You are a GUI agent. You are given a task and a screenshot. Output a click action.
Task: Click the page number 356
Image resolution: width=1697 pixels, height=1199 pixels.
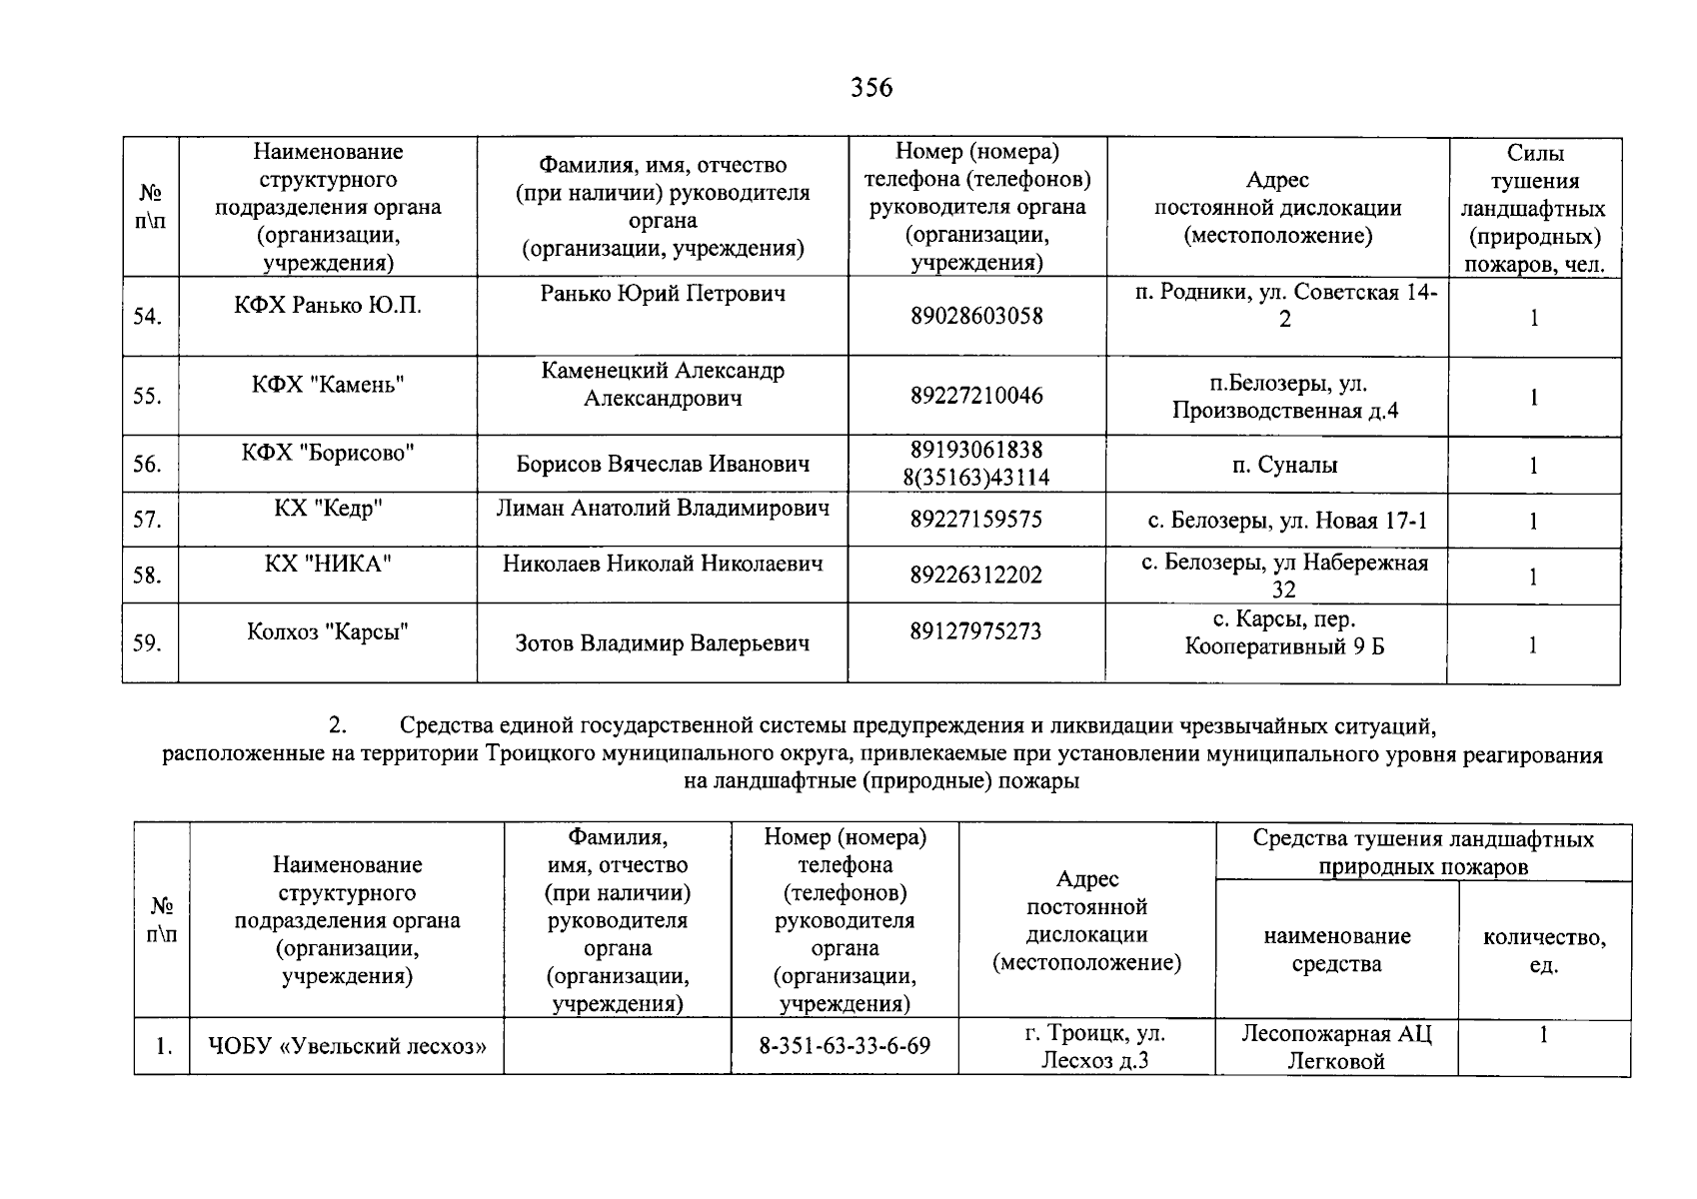871,88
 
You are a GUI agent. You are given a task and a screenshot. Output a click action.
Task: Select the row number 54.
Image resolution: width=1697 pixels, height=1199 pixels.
147,317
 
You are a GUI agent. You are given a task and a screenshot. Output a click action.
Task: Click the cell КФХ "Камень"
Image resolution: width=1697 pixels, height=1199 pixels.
328,385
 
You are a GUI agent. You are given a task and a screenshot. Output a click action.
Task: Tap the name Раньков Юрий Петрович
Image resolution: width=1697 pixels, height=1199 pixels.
663,293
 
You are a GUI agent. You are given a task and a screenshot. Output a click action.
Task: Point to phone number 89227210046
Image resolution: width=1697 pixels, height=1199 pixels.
976,396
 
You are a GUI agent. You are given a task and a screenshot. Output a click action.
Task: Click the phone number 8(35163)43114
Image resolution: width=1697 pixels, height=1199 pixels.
976,478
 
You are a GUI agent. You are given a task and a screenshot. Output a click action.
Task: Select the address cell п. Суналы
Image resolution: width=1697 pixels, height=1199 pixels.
1284,465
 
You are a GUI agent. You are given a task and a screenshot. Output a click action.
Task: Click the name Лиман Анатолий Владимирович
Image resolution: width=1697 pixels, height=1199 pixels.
663,509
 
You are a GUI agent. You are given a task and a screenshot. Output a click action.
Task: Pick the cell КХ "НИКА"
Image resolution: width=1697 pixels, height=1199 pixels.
328,564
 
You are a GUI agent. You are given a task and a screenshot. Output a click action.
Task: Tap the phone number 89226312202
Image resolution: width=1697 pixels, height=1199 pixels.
976,576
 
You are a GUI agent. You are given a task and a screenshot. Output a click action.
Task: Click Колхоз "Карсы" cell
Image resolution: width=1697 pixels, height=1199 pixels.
328,631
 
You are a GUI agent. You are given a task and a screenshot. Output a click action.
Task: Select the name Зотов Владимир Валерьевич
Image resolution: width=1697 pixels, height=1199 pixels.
663,643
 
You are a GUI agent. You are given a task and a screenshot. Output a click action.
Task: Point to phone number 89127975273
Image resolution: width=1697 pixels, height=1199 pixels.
976,631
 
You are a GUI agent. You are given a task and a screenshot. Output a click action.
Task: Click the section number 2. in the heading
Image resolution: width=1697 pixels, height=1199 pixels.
338,723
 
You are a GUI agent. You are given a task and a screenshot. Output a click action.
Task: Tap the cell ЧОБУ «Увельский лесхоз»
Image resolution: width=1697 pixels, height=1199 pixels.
347,1046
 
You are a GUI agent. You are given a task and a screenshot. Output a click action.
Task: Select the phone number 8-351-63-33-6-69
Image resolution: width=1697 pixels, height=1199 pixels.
845,1046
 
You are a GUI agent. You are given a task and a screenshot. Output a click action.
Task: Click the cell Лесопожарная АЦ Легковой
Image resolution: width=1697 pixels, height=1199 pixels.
1336,1047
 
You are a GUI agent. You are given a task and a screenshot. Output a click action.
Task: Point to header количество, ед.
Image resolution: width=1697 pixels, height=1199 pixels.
1544,950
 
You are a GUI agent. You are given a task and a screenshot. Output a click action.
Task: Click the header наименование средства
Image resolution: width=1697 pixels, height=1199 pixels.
1336,950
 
